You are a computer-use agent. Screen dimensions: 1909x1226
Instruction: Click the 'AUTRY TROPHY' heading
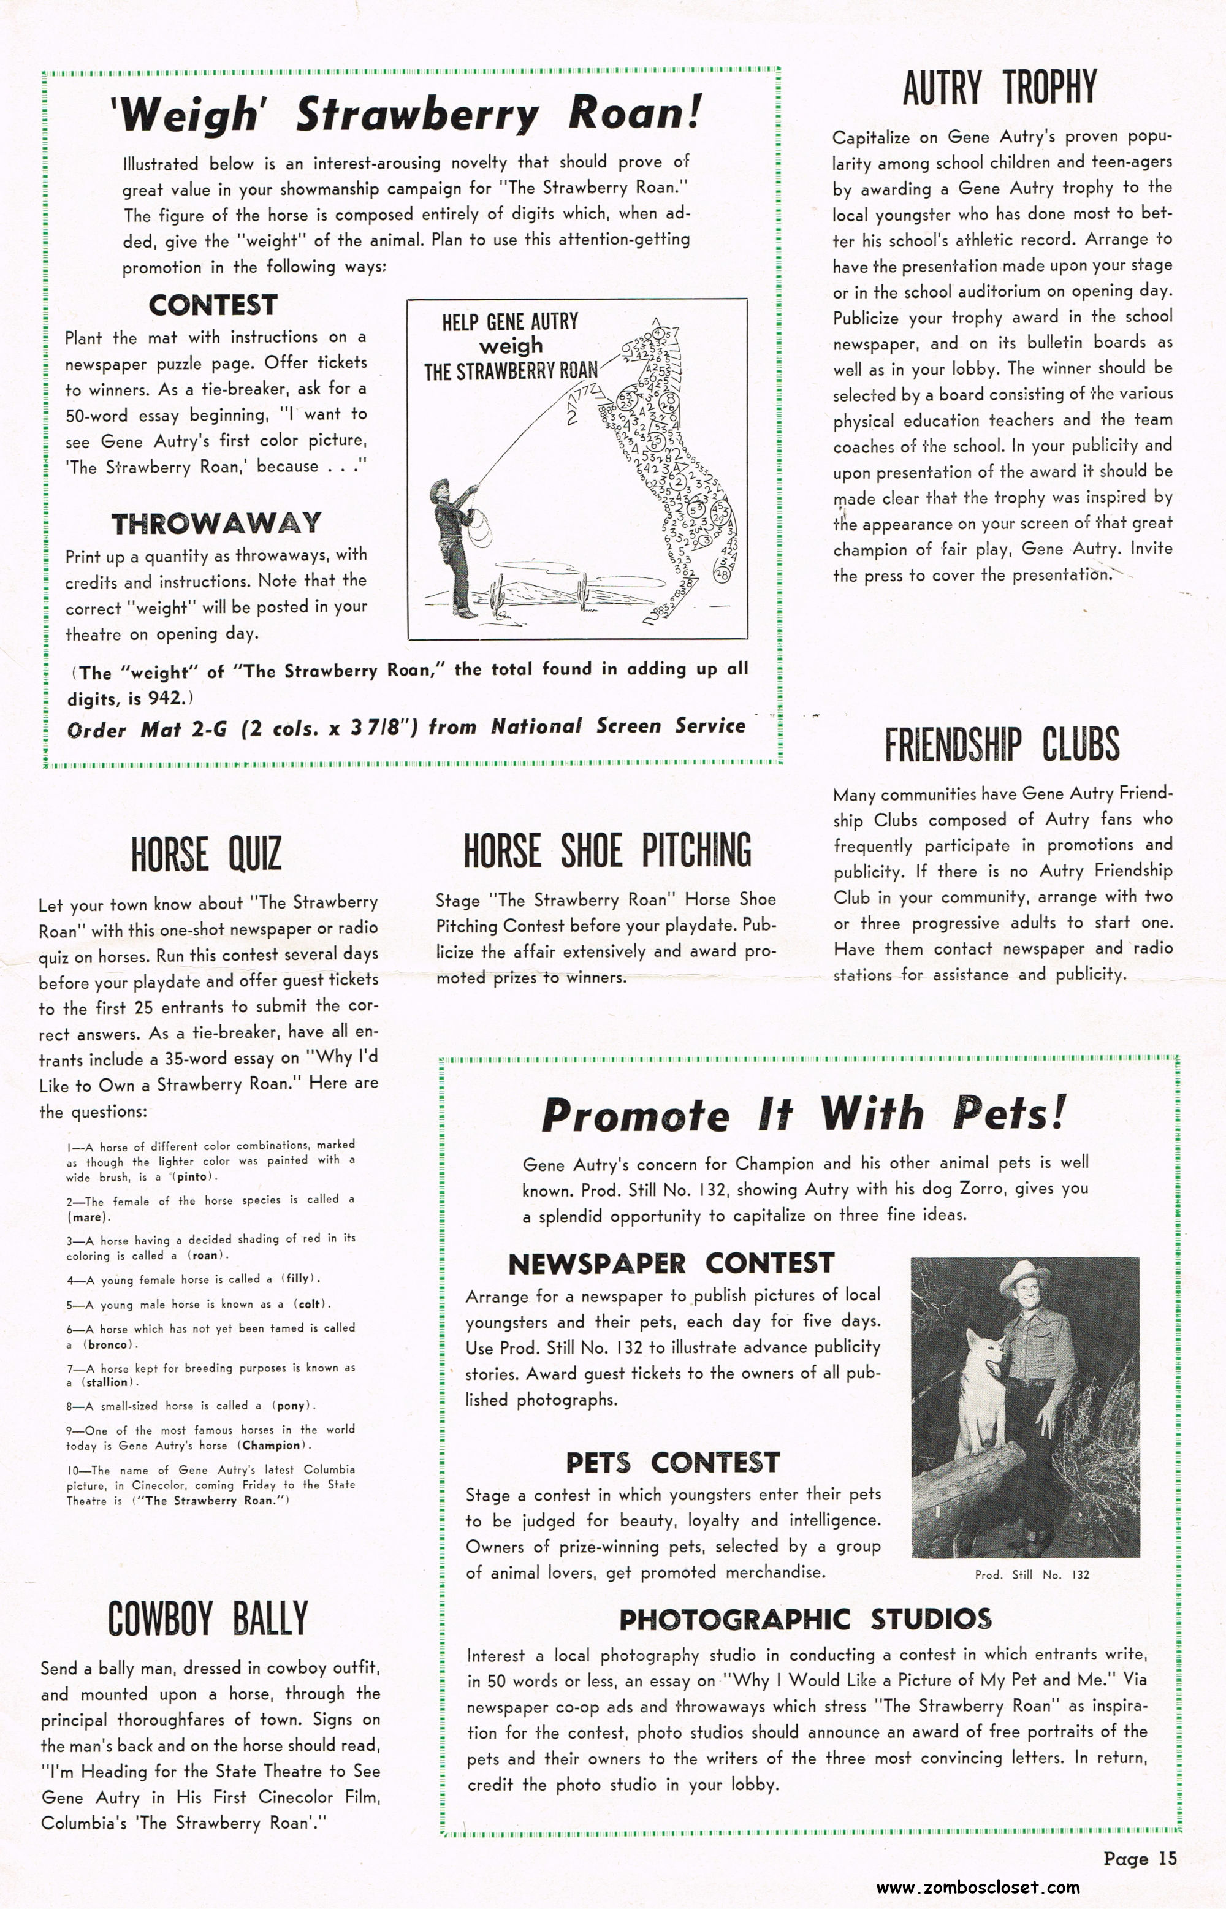click(x=999, y=88)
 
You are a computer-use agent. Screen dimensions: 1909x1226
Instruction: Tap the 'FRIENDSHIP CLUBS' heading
click(x=1002, y=744)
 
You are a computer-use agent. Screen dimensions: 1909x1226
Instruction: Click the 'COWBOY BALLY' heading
click(x=208, y=1618)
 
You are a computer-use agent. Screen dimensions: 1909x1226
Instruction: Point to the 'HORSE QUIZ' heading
click(x=206, y=854)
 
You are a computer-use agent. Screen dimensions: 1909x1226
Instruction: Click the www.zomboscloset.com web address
click(x=978, y=1887)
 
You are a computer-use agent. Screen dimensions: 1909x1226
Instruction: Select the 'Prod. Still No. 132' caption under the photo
click(x=1032, y=1574)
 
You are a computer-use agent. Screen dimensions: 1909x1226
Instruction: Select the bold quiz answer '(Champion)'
click(x=272, y=1445)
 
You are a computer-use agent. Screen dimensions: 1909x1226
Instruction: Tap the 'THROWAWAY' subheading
click(x=216, y=523)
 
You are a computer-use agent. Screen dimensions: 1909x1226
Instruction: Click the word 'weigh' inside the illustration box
click(x=510, y=346)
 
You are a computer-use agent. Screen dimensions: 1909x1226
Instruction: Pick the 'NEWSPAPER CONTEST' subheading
click(x=671, y=1263)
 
